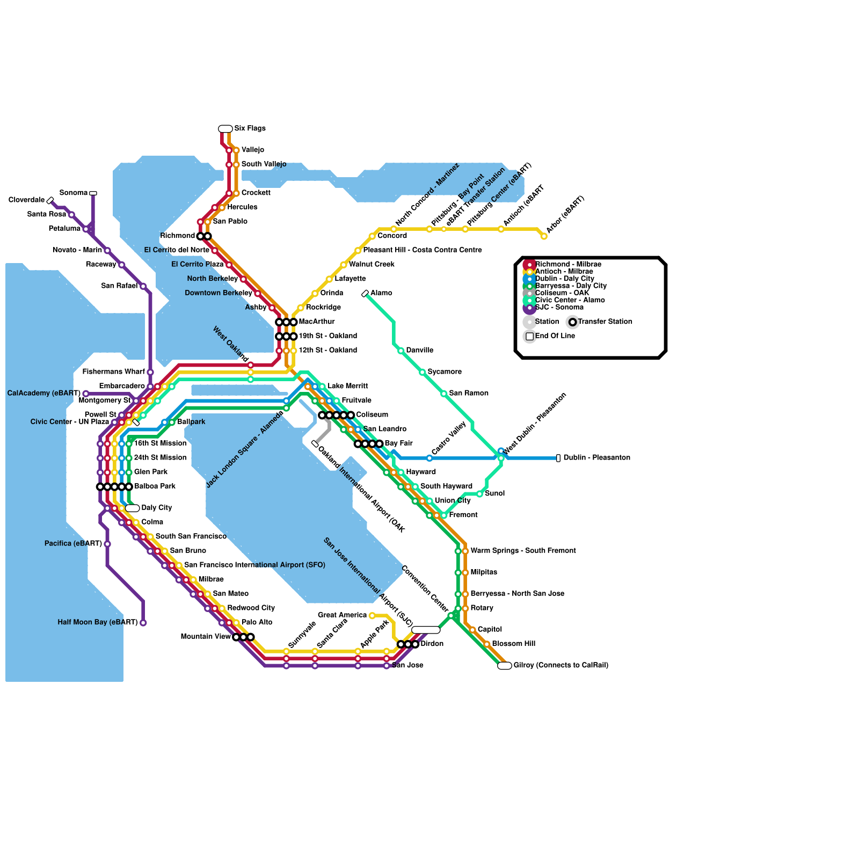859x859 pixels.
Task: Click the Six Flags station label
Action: tap(250, 128)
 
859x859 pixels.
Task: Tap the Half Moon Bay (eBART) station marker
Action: tap(143, 623)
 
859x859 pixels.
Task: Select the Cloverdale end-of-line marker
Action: tap(50, 201)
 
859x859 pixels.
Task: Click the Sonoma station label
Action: tap(74, 193)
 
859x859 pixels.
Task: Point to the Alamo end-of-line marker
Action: tap(365, 294)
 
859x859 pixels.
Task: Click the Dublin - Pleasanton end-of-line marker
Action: tap(558, 458)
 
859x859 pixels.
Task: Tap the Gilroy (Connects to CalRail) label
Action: tap(560, 665)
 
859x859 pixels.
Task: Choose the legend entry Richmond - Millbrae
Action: tap(568, 264)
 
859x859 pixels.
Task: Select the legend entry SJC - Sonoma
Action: tap(559, 308)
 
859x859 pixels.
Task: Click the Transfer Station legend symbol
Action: tap(573, 322)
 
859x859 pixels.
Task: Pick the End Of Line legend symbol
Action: tap(530, 337)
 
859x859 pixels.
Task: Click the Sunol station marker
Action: tap(479, 494)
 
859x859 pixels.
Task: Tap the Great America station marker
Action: tap(372, 615)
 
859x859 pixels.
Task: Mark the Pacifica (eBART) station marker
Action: tap(107, 544)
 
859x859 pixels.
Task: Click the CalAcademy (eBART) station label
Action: tap(43, 394)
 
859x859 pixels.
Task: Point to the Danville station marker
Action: tap(401, 351)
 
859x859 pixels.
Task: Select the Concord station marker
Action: tap(372, 236)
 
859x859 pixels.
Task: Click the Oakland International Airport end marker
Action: tap(315, 443)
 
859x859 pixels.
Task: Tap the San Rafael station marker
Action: tap(143, 286)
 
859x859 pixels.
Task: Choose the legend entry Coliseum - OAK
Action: tap(562, 293)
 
